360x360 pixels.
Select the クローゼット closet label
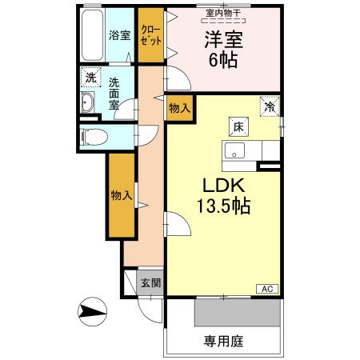148,34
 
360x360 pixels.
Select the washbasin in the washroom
89,104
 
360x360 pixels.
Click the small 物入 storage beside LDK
179,109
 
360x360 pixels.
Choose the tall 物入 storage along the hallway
121,194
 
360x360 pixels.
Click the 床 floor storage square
238,126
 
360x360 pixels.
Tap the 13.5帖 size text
224,206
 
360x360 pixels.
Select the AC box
267,289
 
